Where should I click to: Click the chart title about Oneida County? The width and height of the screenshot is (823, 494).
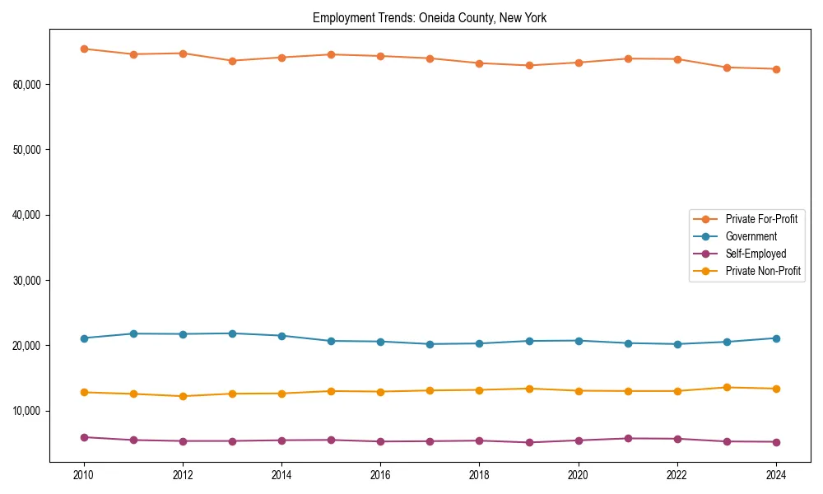click(429, 17)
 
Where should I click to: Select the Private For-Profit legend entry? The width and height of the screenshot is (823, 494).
click(760, 219)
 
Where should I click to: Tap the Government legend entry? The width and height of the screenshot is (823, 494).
click(751, 236)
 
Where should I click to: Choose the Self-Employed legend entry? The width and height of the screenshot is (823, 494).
click(756, 254)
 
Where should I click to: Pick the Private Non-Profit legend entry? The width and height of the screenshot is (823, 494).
click(763, 271)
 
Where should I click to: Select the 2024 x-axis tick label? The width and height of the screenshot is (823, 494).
click(775, 475)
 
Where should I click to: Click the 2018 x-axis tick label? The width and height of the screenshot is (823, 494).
click(479, 475)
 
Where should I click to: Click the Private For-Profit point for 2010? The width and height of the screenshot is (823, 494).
click(84, 49)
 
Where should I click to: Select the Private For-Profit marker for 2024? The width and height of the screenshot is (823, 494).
click(775, 69)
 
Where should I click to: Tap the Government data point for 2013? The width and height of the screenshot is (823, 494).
click(232, 333)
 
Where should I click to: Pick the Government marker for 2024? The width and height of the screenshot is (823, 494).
click(775, 338)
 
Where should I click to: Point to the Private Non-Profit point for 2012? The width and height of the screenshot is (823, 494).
click(183, 396)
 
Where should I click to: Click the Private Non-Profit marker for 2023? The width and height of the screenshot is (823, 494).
click(726, 387)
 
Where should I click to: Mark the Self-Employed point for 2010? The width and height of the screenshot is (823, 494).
click(84, 437)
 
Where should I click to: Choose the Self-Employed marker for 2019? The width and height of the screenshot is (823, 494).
click(528, 442)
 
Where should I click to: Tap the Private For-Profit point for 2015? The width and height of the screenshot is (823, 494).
click(331, 54)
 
